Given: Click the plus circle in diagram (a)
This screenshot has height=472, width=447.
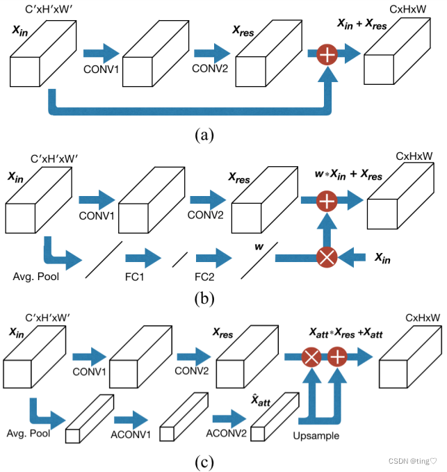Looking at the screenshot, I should pos(327,54).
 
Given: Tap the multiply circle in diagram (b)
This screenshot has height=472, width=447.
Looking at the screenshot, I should pos(327,258).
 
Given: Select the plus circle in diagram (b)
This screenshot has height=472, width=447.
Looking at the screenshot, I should pos(327,202).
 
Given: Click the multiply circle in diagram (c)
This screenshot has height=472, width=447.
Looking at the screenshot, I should pos(310,357).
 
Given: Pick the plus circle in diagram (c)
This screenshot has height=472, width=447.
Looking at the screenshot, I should pos(337,357).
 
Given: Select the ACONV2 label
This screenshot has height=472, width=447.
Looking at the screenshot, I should pos(225,434).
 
